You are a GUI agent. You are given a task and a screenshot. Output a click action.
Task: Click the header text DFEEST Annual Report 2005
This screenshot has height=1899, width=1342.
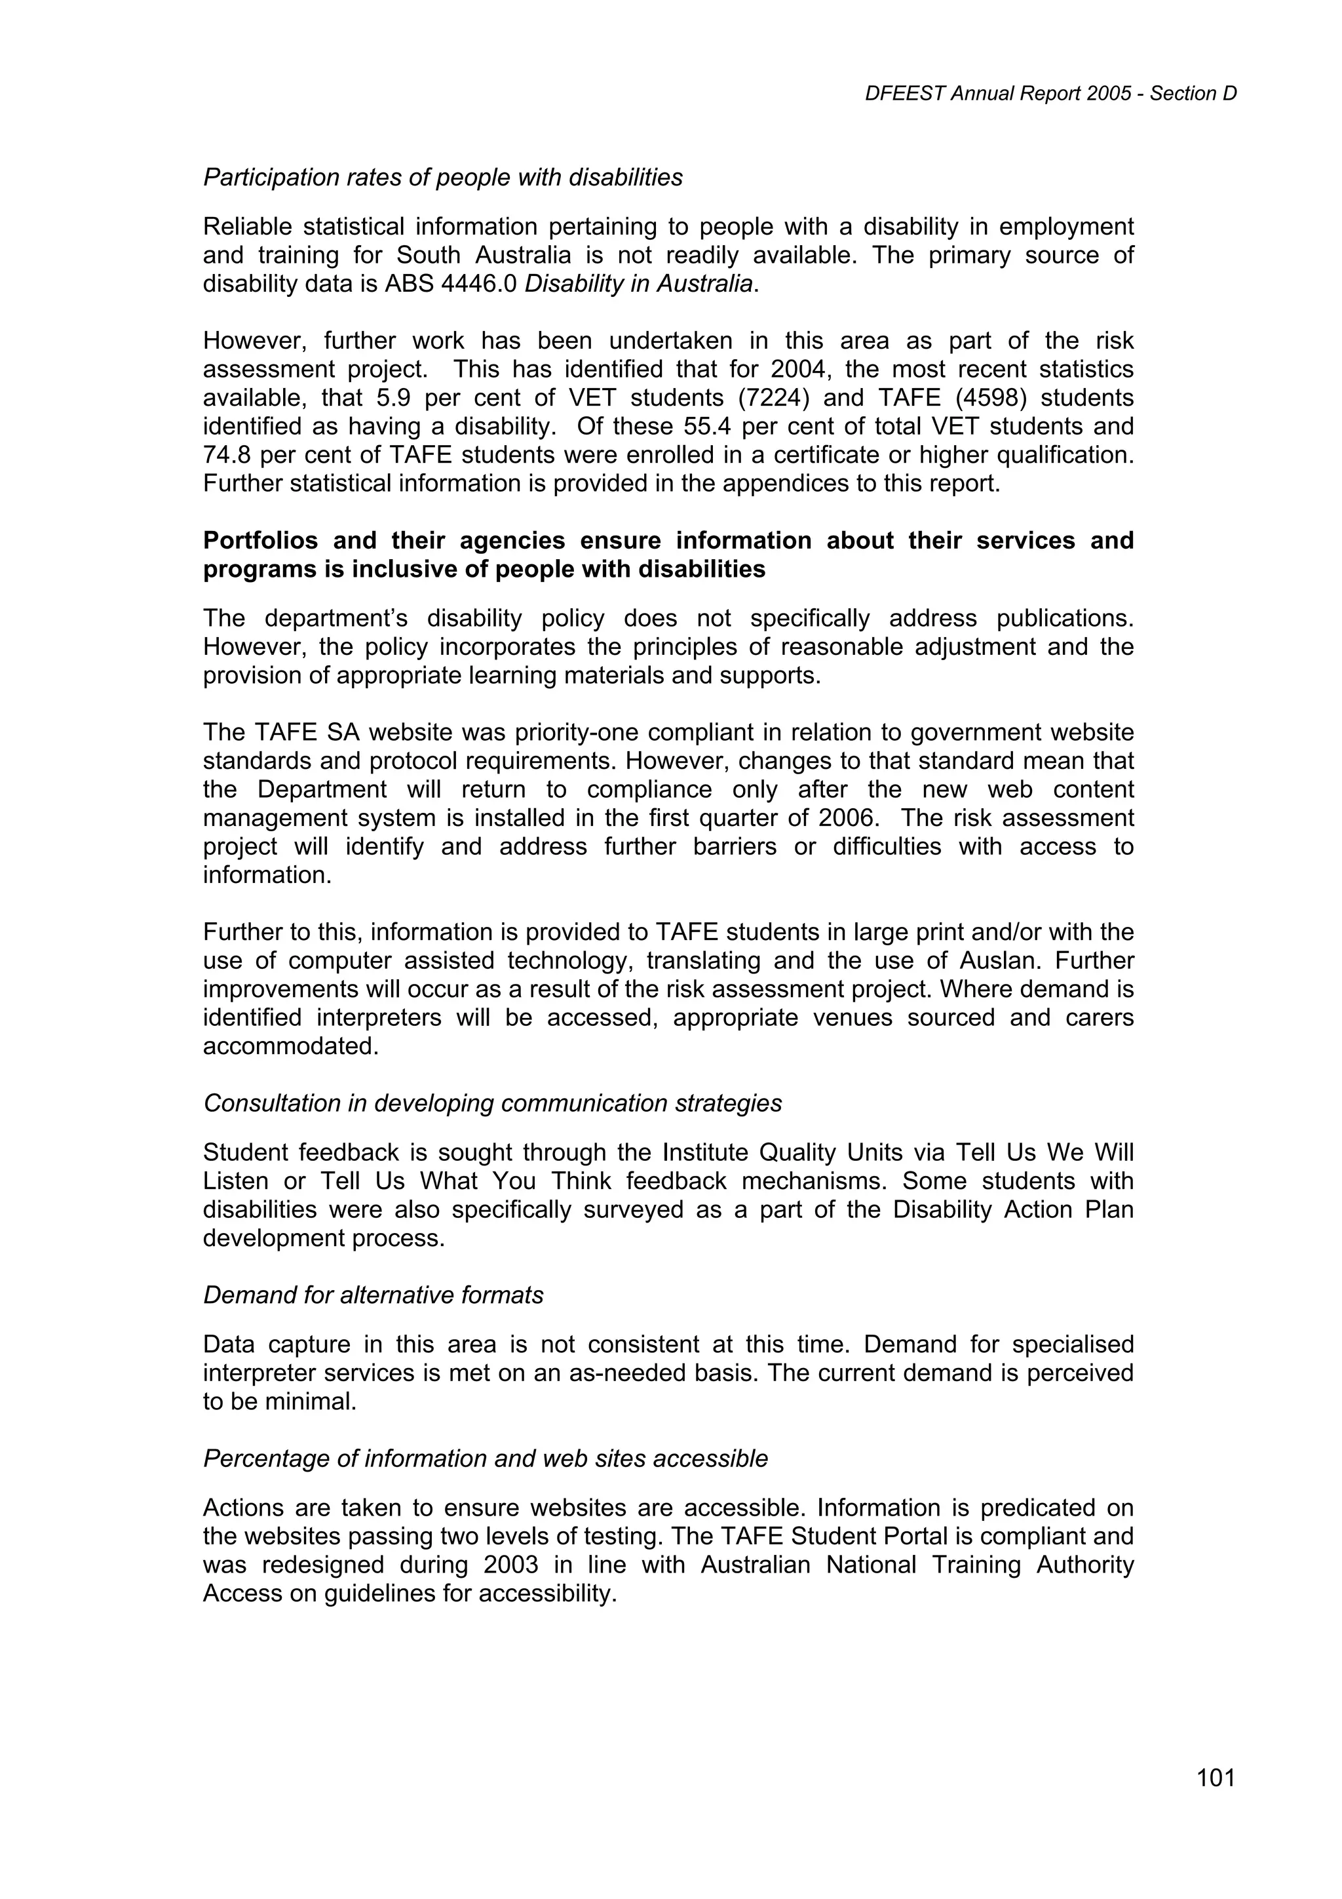(998, 94)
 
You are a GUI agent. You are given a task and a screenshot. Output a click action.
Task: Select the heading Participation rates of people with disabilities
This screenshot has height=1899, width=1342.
(442, 177)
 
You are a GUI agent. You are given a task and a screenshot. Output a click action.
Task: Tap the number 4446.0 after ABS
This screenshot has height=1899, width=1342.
(480, 284)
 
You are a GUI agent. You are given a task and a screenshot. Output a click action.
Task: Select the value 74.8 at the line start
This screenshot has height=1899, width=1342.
(227, 455)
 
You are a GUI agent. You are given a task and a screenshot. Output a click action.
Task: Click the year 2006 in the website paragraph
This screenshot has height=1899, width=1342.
(846, 818)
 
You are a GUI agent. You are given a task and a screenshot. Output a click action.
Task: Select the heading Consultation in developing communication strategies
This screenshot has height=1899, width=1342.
(492, 1103)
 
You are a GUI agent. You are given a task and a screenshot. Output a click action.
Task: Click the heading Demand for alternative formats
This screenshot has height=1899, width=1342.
(373, 1295)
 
